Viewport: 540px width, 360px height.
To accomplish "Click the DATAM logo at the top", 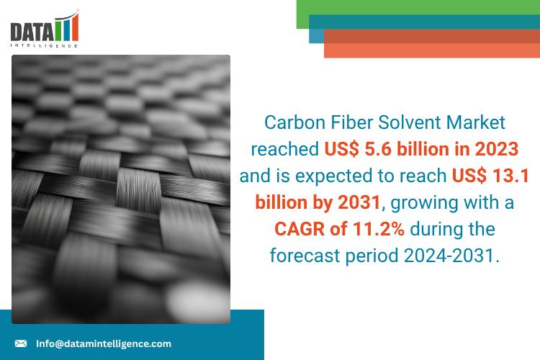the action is pos(45,29).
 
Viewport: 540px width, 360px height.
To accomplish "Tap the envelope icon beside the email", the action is pos(21,343).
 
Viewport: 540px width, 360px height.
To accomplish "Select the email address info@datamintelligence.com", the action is pos(104,343).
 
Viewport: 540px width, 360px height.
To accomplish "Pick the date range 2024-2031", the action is pos(451,256).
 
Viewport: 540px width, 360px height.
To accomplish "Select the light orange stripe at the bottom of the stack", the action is pos(432,50).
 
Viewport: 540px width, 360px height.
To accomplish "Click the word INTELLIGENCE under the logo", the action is pos(44,45).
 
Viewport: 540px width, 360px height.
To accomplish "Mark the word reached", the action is pos(285,149).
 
